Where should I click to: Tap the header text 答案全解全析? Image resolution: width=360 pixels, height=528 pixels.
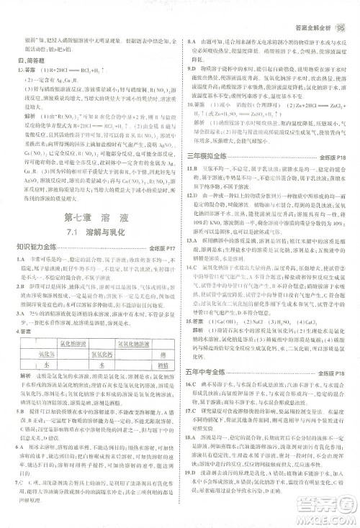pyautogui.click(x=305, y=10)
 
